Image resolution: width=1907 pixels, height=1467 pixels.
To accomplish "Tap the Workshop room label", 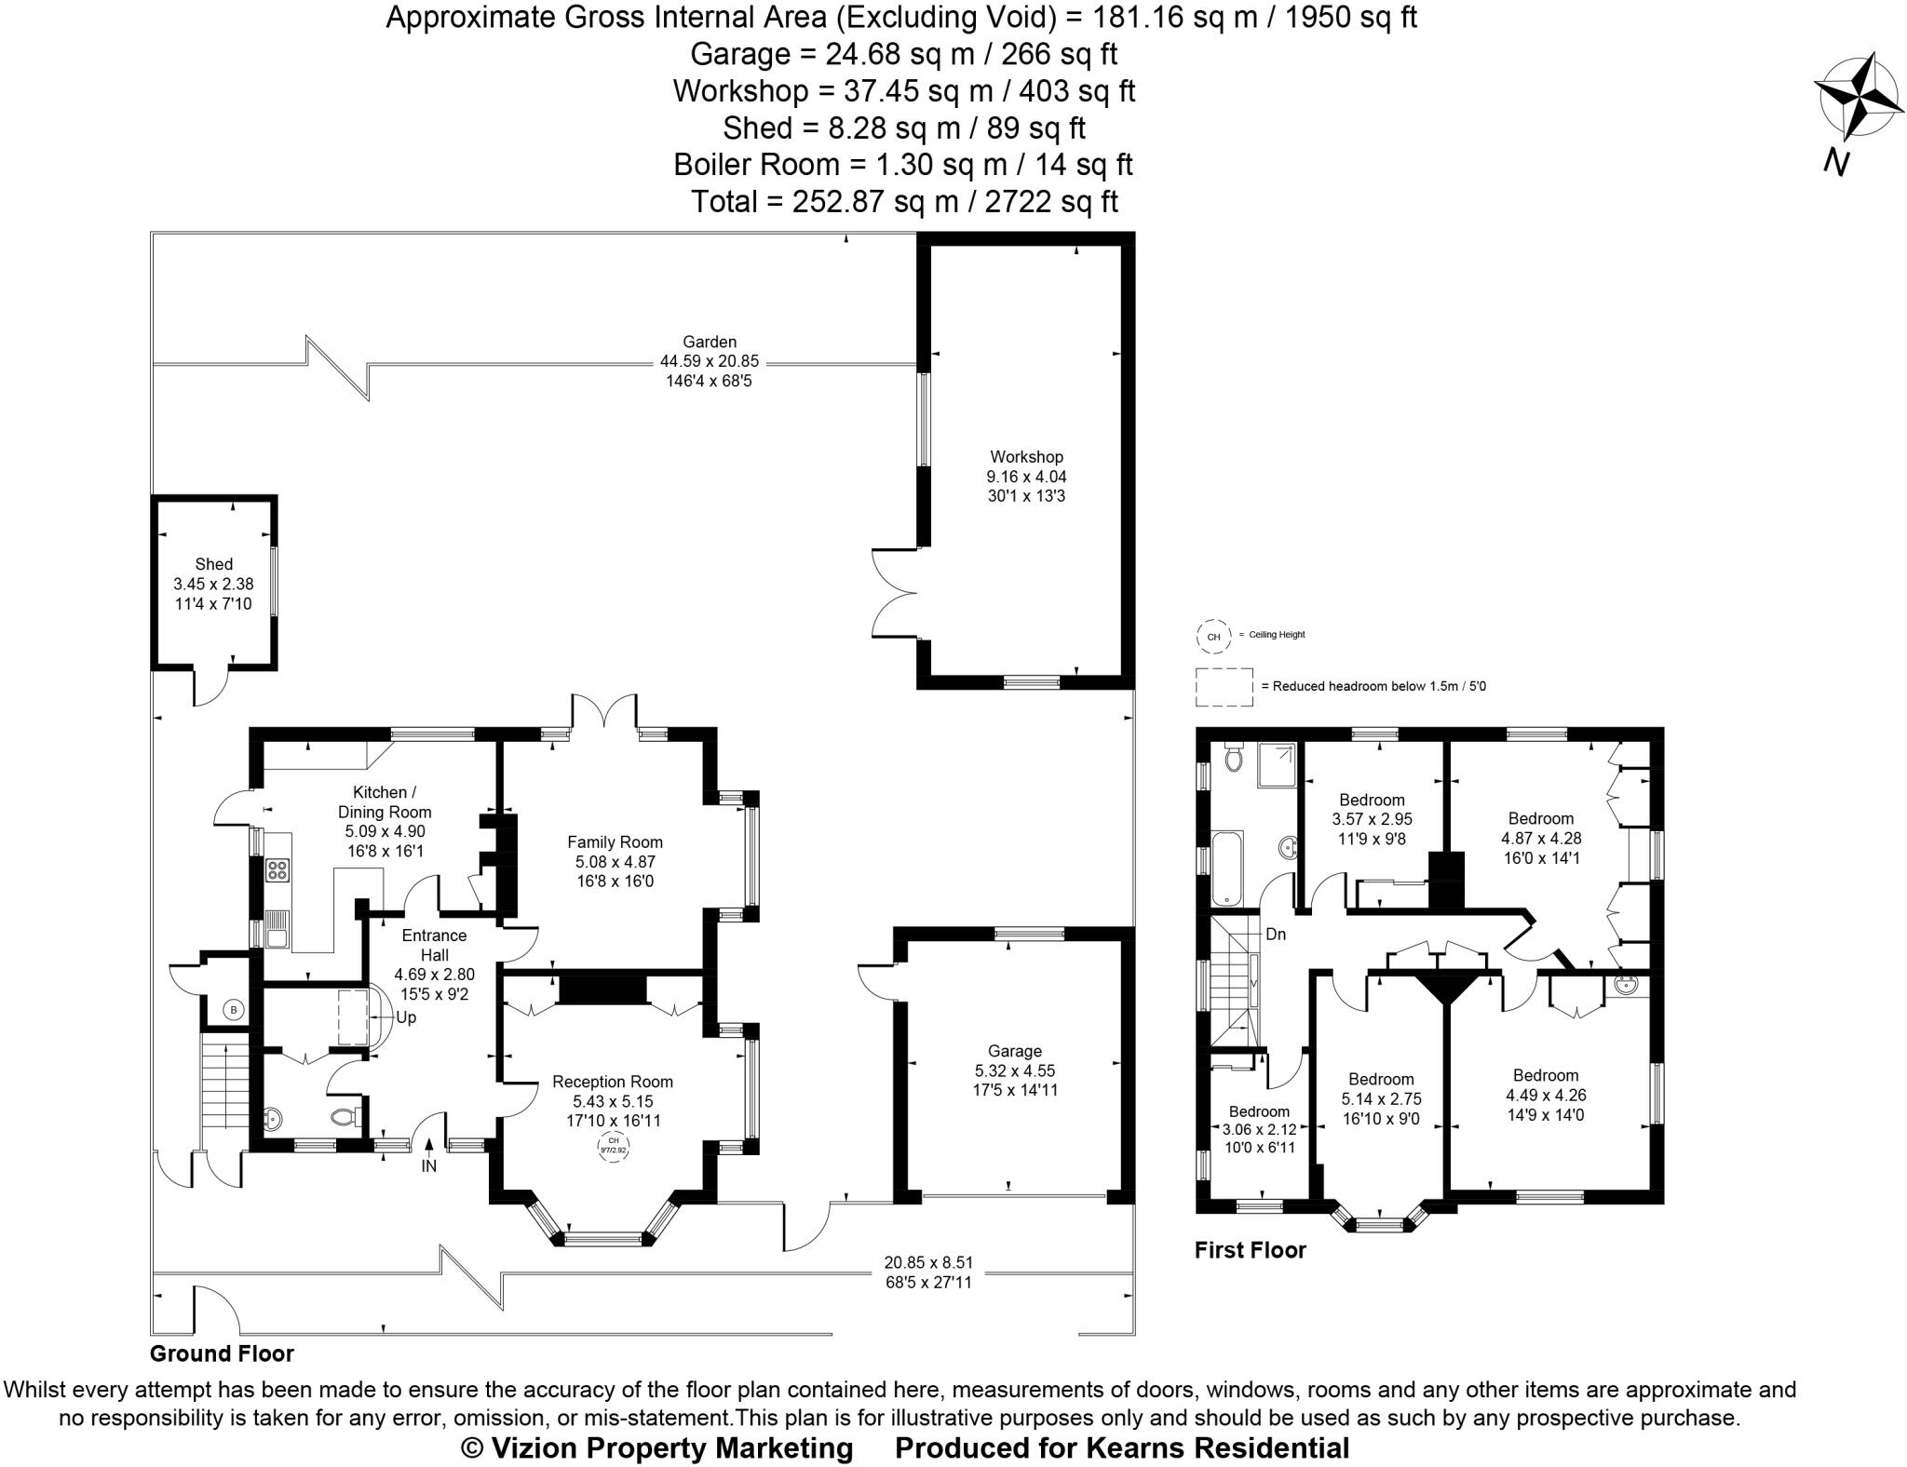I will pyautogui.click(x=1026, y=457).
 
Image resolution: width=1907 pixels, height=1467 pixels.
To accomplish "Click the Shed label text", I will pyautogui.click(x=213, y=564).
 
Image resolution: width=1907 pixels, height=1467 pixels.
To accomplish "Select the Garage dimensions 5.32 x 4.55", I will pyautogui.click(x=1014, y=1070).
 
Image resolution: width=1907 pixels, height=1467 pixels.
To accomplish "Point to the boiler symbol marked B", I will pyautogui.click(x=234, y=1009).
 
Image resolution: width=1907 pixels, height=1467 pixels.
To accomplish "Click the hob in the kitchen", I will pyautogui.click(x=277, y=870).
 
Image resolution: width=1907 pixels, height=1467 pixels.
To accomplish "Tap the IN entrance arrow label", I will pyautogui.click(x=428, y=1164).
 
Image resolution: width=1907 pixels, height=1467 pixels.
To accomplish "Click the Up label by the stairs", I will pyautogui.click(x=406, y=1017).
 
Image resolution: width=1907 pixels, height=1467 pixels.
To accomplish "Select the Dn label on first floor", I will pyautogui.click(x=1275, y=934).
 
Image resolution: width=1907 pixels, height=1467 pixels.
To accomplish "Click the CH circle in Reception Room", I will pyautogui.click(x=613, y=1145).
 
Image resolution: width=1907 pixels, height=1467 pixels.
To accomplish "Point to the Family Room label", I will pyautogui.click(x=615, y=842).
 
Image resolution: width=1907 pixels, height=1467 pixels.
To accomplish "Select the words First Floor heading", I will pyautogui.click(x=1250, y=1250).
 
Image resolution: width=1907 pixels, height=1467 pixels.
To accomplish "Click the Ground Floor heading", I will pyautogui.click(x=222, y=1353).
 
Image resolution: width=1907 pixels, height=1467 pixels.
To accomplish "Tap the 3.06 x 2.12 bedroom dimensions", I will pyautogui.click(x=1259, y=1130).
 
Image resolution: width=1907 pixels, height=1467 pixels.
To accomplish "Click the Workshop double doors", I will pyautogui.click(x=892, y=593).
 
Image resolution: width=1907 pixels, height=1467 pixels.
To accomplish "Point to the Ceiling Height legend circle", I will pyautogui.click(x=1213, y=637).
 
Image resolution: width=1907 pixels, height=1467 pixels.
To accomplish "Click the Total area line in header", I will pyautogui.click(x=903, y=201).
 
